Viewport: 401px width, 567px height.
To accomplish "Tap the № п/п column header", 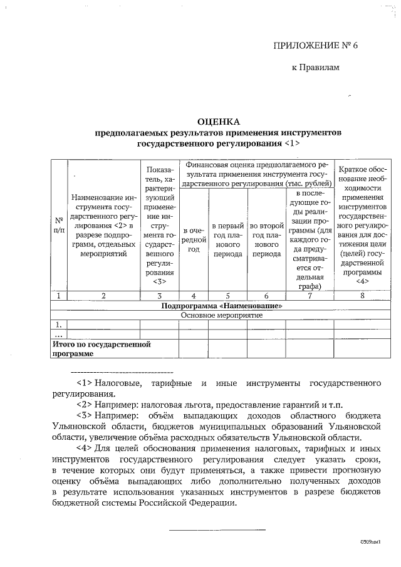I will (58, 226).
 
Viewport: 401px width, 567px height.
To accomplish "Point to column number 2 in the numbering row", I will (103, 296).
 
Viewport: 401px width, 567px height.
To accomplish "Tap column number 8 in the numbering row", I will (362, 296).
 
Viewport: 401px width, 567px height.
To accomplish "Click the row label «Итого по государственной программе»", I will (102, 349).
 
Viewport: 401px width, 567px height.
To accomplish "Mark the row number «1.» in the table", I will (58, 325).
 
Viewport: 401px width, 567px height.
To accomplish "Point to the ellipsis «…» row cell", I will (58, 335).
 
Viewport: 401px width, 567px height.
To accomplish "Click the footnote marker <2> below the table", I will (85, 405).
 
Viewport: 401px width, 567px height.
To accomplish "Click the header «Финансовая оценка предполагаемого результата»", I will (257, 174).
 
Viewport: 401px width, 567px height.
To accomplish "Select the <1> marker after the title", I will (292, 143).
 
